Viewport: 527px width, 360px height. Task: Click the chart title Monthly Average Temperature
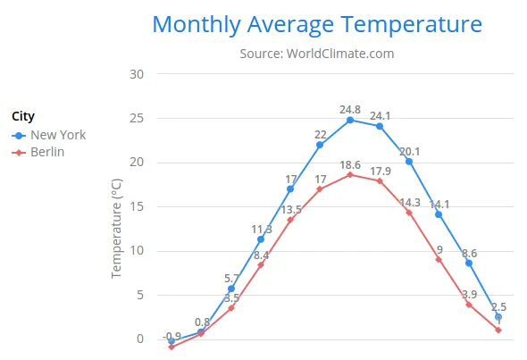pos(316,24)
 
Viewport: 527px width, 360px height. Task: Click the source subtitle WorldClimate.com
pos(316,54)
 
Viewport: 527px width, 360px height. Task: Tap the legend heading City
pos(23,116)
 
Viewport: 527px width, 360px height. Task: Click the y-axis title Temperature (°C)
pos(116,227)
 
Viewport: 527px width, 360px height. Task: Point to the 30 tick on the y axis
pos(137,74)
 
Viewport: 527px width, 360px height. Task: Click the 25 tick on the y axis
pos(137,118)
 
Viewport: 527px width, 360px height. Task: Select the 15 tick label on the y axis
pos(137,206)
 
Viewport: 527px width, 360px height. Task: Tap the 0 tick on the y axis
pos(140,339)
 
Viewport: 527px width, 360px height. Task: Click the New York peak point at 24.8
pos(350,120)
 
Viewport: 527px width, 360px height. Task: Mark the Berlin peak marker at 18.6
pos(350,175)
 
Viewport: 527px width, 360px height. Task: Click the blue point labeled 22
pos(320,145)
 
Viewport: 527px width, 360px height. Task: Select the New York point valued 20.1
pos(409,162)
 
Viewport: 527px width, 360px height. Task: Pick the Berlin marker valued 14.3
pos(409,213)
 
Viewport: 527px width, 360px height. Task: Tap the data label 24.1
pos(381,115)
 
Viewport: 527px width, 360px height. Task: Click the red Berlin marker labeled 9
pos(439,259)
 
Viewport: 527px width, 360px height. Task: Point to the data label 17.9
pos(381,172)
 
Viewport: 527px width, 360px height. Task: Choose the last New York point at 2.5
pos(498,317)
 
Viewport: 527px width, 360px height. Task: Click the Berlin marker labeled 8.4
pos(261,264)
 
